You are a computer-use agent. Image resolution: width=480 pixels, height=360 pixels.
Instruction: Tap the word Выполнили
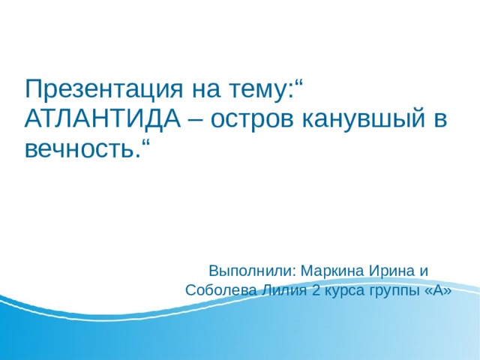pos(253,270)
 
